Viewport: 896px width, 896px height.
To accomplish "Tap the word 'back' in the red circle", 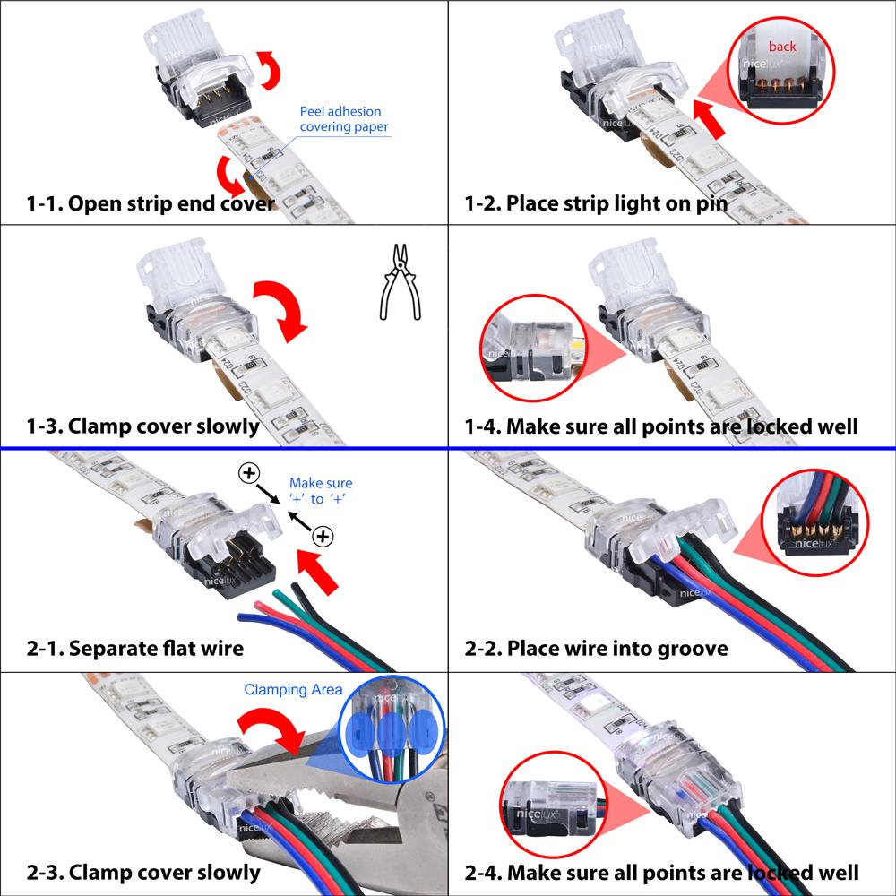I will pos(781,47).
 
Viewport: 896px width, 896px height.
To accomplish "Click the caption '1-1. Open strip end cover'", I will pos(150,203).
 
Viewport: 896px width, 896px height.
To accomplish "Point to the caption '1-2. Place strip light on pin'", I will pos(595,203).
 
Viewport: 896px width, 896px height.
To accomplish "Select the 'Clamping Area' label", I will pos(293,690).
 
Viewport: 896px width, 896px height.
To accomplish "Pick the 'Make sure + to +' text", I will pos(321,492).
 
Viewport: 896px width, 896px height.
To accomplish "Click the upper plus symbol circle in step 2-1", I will pos(248,472).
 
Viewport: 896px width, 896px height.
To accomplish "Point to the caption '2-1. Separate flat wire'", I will pos(135,648).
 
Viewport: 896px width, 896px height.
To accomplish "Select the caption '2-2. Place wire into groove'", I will pos(596,648).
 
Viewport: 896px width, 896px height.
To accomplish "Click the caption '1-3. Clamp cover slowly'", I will pos(143,426).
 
